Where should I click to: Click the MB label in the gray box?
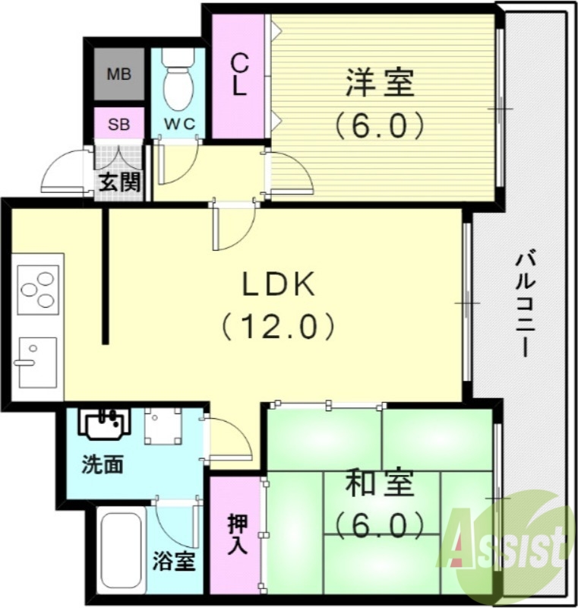coord(118,74)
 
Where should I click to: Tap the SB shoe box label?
coord(118,124)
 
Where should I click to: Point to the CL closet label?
coord(239,74)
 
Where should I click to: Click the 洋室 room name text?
coord(379,82)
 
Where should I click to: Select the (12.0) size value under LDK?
coord(278,328)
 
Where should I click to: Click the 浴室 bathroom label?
coord(175,562)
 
